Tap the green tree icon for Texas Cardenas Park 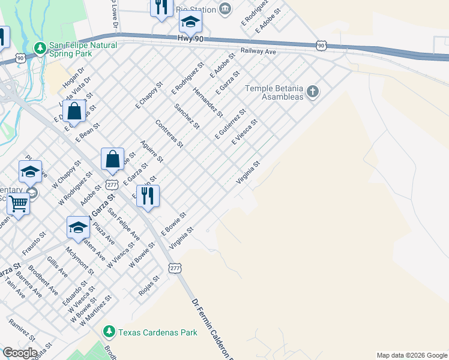(x=109, y=331)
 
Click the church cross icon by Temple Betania (x=312, y=92)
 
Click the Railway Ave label (x=258, y=52)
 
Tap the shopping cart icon (x=18, y=204)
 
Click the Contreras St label (x=169, y=134)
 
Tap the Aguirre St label (x=151, y=151)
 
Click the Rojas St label (x=149, y=282)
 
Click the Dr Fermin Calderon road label (x=211, y=328)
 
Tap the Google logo (x=19, y=353)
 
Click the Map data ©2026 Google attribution (x=412, y=355)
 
